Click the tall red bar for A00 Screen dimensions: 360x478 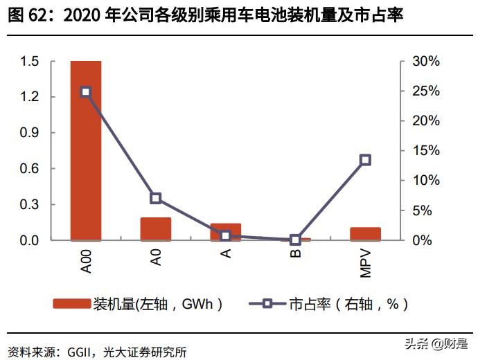tap(86, 151)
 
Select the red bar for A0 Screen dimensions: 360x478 tap(156, 229)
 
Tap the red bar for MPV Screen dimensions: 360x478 tap(365, 234)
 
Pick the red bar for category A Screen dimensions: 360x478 tap(226, 232)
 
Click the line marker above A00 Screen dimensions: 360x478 tap(86, 91)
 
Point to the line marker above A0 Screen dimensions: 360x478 tap(156, 199)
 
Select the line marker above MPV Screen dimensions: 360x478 tap(365, 160)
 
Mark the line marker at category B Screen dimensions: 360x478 tap(296, 240)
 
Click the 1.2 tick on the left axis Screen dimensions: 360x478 tap(28, 97)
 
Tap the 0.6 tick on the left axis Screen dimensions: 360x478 tap(28, 169)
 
